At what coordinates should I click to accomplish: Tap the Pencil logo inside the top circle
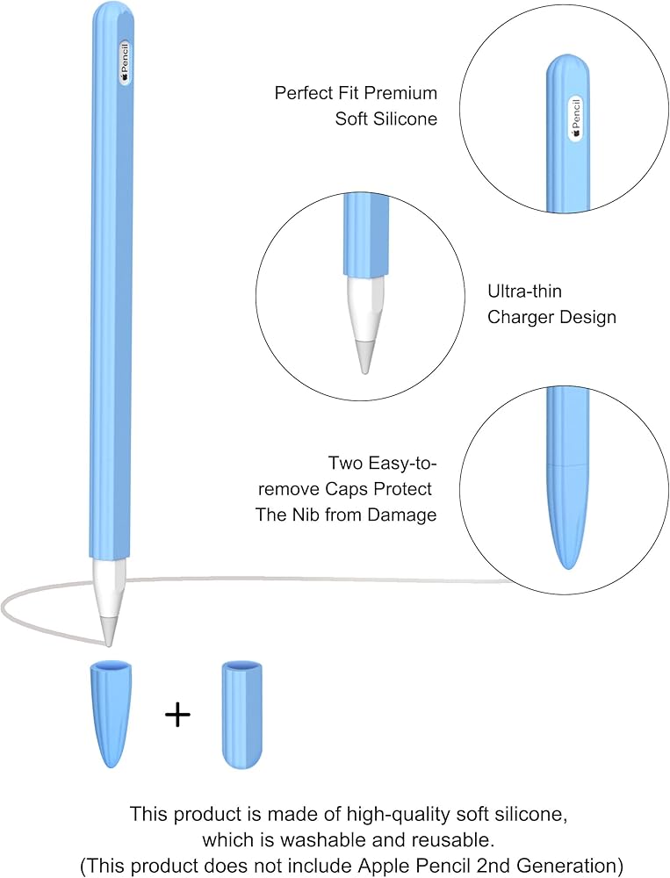pyautogui.click(x=576, y=117)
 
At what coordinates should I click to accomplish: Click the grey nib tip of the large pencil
pyautogui.click(x=108, y=630)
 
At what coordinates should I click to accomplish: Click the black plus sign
pyautogui.click(x=177, y=715)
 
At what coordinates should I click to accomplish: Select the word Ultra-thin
pyautogui.click(x=524, y=291)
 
